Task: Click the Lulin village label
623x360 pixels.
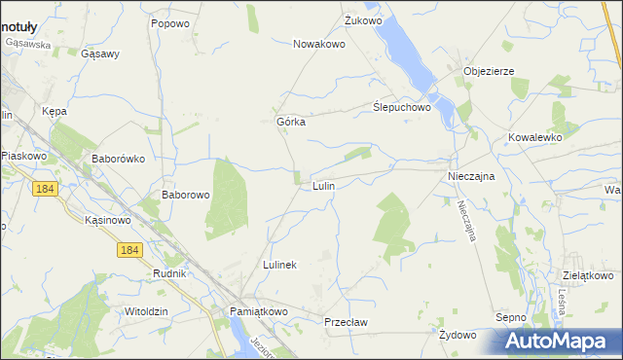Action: pos(324,185)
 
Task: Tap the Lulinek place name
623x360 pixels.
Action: pos(279,265)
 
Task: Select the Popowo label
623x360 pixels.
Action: pos(169,21)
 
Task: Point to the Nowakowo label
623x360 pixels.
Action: pos(320,44)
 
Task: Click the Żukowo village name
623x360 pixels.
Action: pos(364,19)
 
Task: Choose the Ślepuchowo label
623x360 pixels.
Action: pos(402,108)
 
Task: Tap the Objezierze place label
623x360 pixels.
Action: pos(489,71)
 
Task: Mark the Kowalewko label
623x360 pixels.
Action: pos(535,138)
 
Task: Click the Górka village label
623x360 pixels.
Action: pos(292,122)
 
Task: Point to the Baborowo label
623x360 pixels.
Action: pos(186,195)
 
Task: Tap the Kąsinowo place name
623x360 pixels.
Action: pos(108,221)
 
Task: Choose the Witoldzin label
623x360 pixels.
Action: pos(146,310)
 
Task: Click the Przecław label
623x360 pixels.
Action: pos(348,320)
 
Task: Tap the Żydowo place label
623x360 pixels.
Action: pos(458,335)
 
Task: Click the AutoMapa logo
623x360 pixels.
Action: pos(558,342)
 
